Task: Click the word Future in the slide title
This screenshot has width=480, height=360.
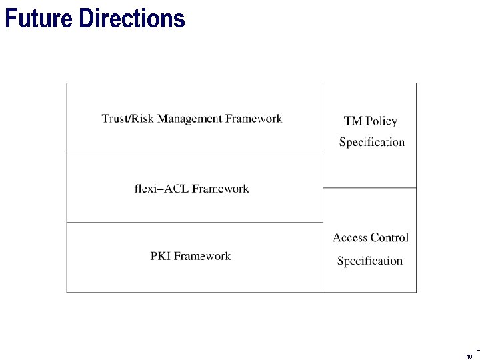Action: [x=39, y=19]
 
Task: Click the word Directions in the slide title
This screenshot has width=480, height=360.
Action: [x=131, y=19]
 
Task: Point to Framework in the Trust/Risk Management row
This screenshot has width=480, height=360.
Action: [x=254, y=119]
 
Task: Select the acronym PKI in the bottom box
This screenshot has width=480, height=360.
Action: [x=161, y=256]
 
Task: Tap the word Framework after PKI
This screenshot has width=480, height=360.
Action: [x=203, y=256]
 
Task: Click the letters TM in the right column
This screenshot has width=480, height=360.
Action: [x=353, y=121]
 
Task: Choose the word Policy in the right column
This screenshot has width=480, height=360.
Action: [x=381, y=121]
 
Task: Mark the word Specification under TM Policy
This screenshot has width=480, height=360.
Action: [x=371, y=142]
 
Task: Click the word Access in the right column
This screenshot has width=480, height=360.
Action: [x=350, y=237]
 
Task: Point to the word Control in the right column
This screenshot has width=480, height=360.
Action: [x=389, y=237]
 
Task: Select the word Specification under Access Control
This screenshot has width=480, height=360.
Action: [x=369, y=261]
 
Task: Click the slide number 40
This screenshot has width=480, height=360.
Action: [x=469, y=356]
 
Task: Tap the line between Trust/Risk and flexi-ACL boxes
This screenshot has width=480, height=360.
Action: [x=195, y=153]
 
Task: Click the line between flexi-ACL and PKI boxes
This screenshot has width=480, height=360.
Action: [x=195, y=223]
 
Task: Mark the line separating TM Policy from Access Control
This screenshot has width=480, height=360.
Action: [x=369, y=188]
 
